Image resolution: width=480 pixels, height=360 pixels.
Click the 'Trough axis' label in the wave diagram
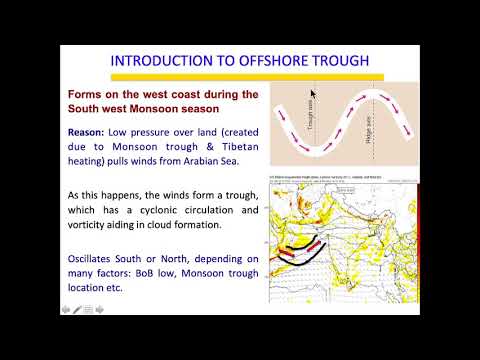(x=312, y=118)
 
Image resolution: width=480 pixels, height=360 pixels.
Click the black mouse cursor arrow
(x=312, y=91)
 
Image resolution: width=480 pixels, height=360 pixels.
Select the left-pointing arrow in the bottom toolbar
(x=66, y=310)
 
